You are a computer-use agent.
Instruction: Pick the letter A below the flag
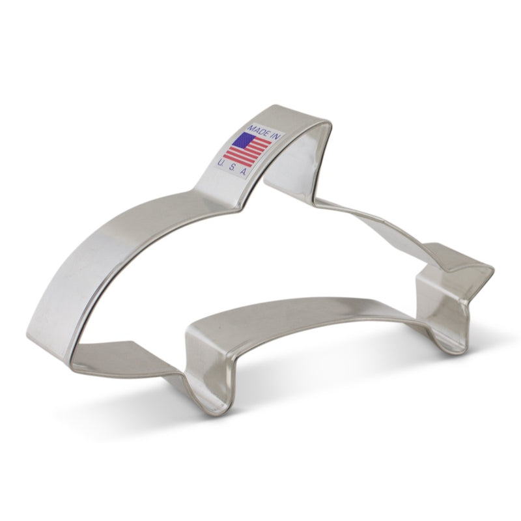coord(244,171)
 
